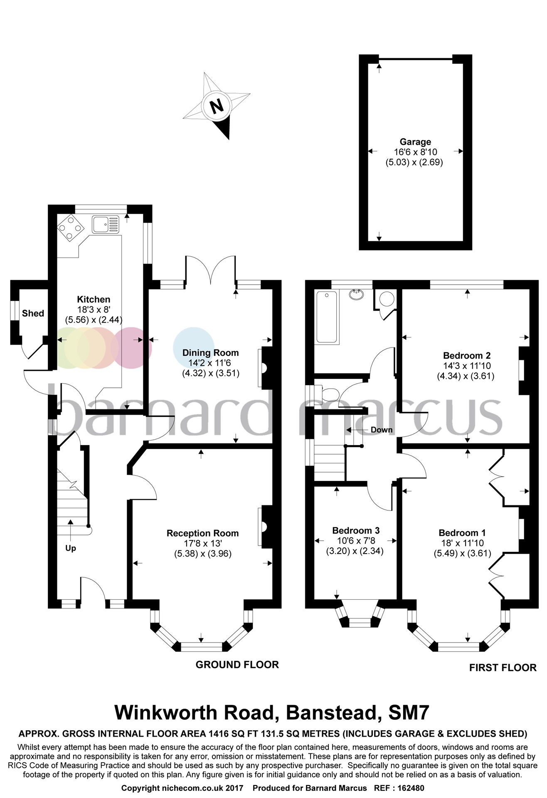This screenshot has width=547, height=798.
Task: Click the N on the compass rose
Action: click(x=217, y=107)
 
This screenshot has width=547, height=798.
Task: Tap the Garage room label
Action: click(x=415, y=142)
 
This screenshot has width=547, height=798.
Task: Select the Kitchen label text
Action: click(x=94, y=299)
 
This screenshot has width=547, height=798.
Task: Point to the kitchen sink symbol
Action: click(x=106, y=224)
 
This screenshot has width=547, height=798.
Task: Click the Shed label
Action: click(x=33, y=313)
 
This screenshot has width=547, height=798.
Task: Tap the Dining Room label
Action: click(x=210, y=353)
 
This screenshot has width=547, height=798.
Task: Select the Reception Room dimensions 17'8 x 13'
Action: click(x=203, y=543)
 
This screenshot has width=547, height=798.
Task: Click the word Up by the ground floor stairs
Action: click(x=71, y=548)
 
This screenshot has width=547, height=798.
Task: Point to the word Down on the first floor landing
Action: click(x=382, y=430)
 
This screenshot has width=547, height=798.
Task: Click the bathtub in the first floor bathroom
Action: click(x=327, y=317)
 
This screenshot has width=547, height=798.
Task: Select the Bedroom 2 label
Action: click(x=467, y=356)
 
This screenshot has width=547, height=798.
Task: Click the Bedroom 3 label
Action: click(x=356, y=531)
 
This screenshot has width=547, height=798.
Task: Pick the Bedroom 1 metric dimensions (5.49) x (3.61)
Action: click(x=462, y=553)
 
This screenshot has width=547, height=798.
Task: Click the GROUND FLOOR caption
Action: click(x=237, y=665)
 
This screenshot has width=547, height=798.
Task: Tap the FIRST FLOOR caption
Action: click(x=503, y=667)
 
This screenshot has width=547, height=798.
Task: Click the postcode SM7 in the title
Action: click(x=409, y=712)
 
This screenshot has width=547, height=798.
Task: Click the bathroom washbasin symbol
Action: click(x=357, y=295)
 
